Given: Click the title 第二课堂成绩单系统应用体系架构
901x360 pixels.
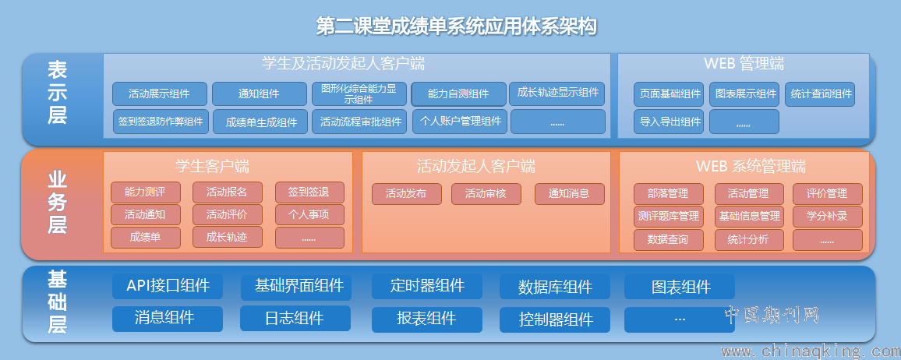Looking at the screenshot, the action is (457, 26).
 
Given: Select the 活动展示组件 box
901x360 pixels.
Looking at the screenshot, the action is (159, 94).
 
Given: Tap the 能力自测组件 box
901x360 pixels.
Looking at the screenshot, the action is (458, 94).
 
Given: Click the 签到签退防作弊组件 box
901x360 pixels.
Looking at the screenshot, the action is (161, 122).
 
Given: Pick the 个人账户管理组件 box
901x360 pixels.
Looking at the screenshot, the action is (460, 121).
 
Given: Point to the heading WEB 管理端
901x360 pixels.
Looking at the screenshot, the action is (744, 63).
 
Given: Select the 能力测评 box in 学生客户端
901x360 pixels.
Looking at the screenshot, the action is (146, 193).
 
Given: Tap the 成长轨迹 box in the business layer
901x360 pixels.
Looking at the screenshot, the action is (228, 237).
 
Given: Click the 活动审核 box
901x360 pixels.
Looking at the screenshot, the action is (486, 194).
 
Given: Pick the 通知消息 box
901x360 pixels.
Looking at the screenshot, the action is (570, 194).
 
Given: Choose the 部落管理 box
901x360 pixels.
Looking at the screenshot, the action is (669, 194).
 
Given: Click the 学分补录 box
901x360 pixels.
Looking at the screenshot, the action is (828, 217).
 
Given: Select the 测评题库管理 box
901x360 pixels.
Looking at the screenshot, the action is (669, 217).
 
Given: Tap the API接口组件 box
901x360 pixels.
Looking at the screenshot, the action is (168, 286).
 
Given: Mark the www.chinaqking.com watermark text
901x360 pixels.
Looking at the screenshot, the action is (809, 351).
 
